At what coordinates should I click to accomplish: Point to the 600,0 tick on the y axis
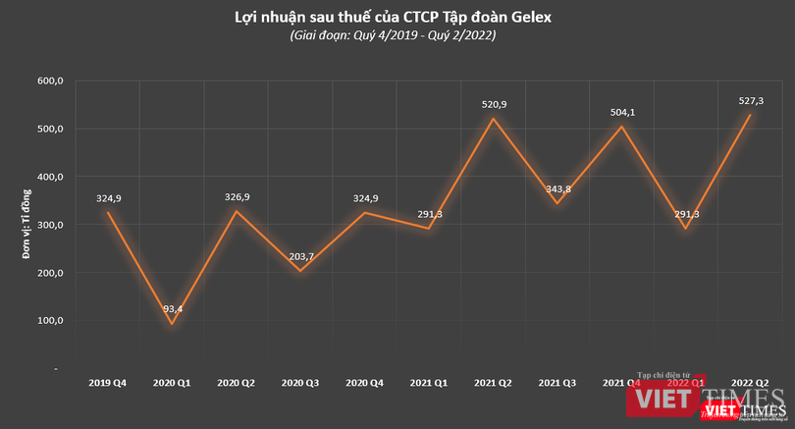(49, 81)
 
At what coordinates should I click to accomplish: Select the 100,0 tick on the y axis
(49, 321)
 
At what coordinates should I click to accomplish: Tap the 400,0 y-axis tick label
(49, 177)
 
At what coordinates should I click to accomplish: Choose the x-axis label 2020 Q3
(300, 381)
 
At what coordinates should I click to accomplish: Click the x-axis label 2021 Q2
(493, 381)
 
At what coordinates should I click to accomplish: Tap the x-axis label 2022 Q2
(749, 381)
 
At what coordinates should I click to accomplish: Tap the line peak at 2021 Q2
(492, 119)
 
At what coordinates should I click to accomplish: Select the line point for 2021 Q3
(556, 203)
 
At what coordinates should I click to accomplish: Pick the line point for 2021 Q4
(620, 127)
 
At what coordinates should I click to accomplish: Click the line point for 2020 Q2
(236, 212)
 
